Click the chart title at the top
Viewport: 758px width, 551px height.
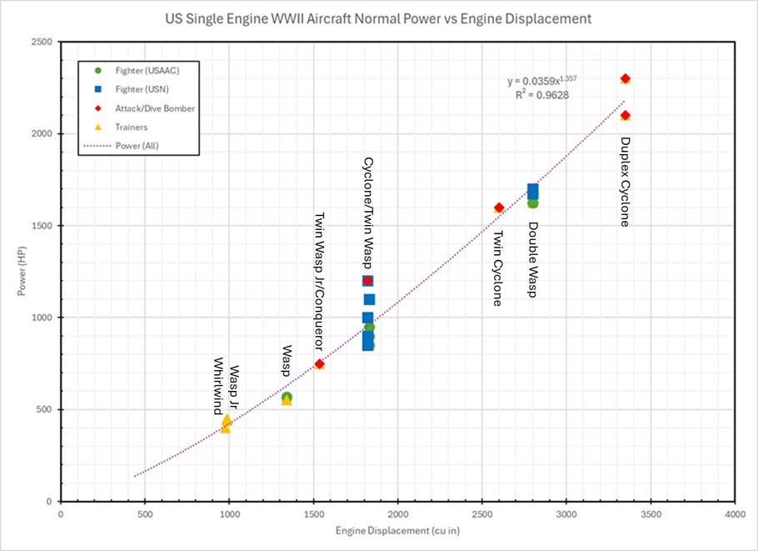(378, 17)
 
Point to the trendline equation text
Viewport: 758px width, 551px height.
(541, 81)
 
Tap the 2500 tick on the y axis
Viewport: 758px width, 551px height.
(44, 43)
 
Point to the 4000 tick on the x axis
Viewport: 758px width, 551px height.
(734, 514)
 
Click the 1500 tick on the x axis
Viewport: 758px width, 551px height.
(313, 514)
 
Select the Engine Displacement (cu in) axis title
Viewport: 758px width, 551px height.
(396, 532)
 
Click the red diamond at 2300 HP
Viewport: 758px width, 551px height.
(625, 78)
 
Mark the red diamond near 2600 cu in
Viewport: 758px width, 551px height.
(499, 208)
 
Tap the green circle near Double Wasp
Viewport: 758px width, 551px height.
(533, 203)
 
